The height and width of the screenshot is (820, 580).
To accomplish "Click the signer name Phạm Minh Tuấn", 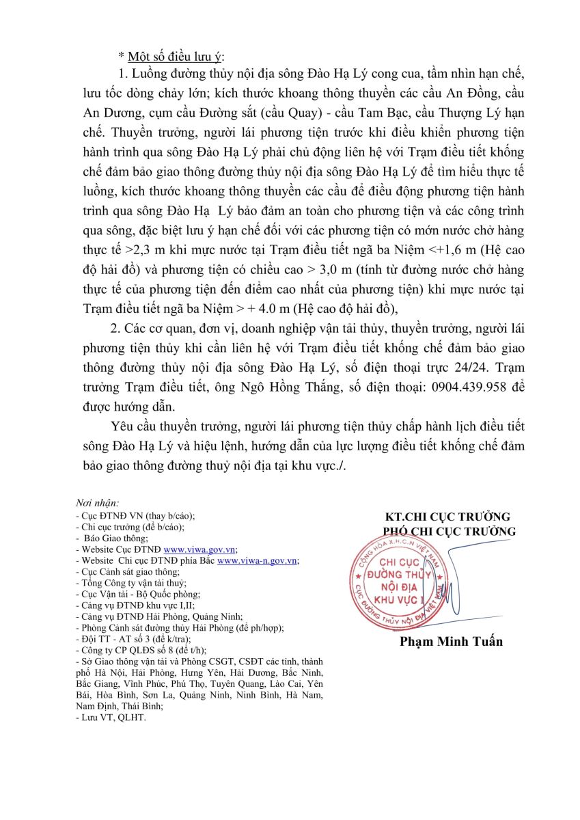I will (x=451, y=641).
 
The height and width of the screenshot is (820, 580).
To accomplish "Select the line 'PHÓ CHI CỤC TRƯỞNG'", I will (x=449, y=531).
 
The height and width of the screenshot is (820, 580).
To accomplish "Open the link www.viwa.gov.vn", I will (x=199, y=549).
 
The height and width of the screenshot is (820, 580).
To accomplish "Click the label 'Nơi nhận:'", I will (x=98, y=503).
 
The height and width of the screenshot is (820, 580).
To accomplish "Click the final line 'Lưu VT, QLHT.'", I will (x=111, y=718).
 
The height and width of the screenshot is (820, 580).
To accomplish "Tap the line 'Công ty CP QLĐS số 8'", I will (x=130, y=649).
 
